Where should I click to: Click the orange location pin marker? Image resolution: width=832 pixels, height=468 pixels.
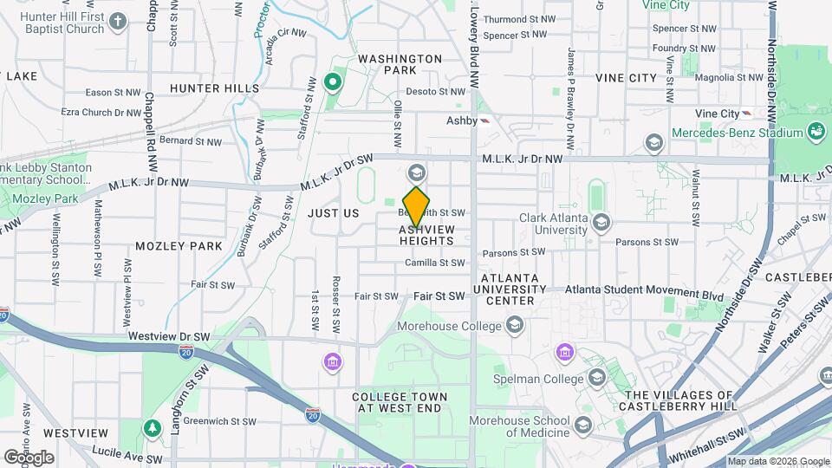point(417,206)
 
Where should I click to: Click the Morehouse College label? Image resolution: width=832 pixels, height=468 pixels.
point(449,327)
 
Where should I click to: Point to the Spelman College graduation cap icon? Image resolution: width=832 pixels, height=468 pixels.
point(597,378)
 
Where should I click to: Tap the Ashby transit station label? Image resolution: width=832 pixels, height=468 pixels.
point(462,121)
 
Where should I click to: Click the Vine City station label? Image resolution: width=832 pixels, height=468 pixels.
point(716,114)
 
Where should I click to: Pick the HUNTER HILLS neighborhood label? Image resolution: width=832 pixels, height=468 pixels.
point(214,88)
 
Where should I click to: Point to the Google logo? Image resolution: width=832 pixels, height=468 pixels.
point(29,457)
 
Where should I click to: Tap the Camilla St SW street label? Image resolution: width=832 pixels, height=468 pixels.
point(434,263)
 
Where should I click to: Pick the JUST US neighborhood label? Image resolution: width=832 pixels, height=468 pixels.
point(333,213)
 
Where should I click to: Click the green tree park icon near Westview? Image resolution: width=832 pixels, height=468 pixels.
point(153,428)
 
